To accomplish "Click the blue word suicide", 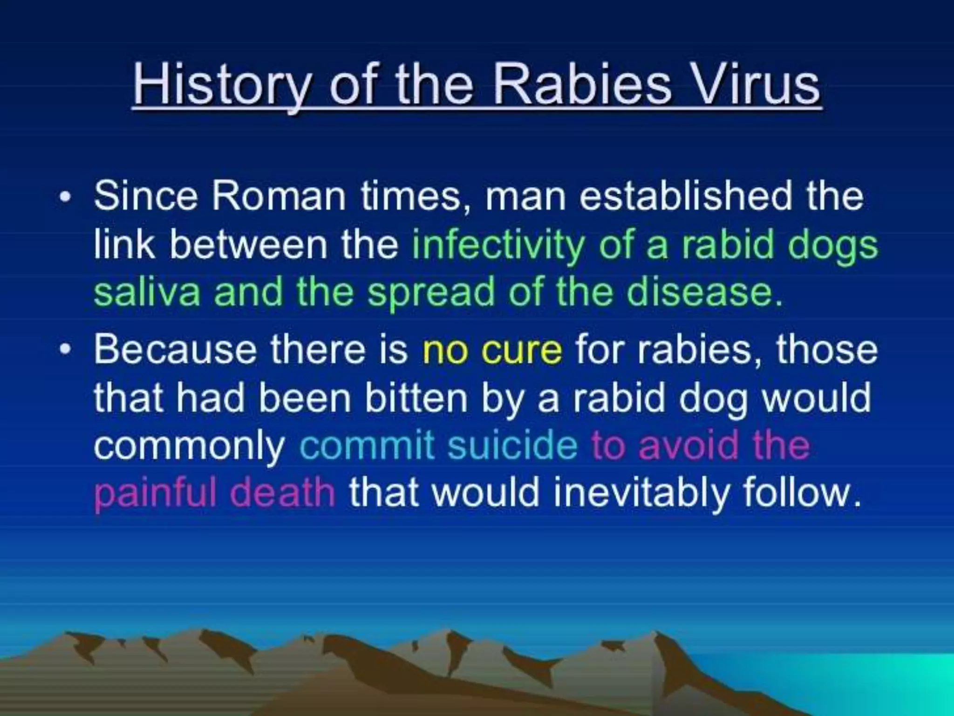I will [x=512, y=445].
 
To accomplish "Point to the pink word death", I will [x=282, y=493].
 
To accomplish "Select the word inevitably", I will [x=641, y=493].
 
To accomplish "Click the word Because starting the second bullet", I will [x=175, y=350].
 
